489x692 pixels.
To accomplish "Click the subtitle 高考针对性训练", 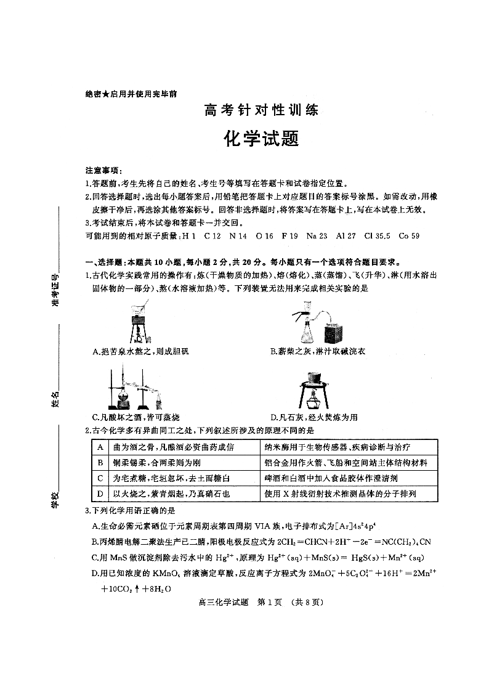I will (x=261, y=112).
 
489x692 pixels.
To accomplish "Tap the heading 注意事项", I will (x=103, y=170).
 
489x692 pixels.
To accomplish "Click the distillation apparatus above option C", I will (x=135, y=389).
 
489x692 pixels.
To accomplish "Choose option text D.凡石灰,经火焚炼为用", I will (x=314, y=417).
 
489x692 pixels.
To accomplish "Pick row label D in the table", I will (x=100, y=494).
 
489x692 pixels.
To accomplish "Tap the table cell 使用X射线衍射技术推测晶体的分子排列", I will (x=340, y=494).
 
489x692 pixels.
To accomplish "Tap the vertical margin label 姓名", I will (x=56, y=399).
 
